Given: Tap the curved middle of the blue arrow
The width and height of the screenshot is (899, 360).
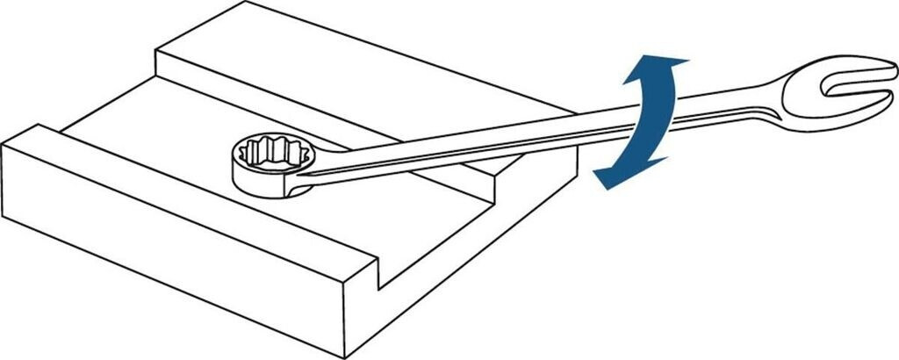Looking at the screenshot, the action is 650,119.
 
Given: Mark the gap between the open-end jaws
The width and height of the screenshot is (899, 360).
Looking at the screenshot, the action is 856,90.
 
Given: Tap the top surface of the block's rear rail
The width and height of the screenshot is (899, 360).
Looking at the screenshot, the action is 351,70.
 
